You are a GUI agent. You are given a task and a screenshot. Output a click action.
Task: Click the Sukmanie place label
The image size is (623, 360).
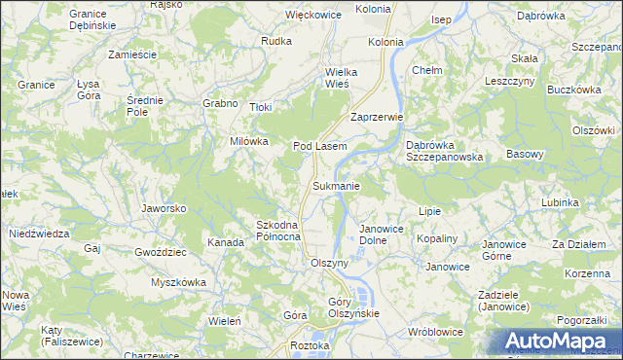(x=337, y=186)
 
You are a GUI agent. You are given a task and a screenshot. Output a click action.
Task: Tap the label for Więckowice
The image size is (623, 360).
(x=311, y=15)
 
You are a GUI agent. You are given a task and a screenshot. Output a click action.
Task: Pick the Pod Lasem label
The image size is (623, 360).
(x=320, y=146)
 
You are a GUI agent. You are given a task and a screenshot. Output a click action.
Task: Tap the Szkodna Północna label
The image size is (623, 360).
(x=278, y=232)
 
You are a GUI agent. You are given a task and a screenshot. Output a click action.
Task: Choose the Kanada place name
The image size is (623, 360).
(x=226, y=241)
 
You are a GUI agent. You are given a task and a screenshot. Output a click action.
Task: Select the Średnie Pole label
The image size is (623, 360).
(x=145, y=106)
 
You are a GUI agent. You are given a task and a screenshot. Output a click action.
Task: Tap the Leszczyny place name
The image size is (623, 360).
(x=510, y=82)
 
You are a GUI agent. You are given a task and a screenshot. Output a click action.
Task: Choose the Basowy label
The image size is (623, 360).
(x=526, y=154)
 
